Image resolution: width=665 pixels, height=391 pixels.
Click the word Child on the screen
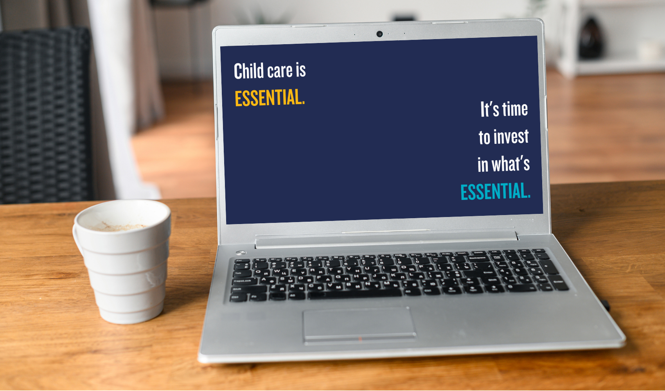coord(249,71)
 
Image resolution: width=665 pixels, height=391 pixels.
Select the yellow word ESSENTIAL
coord(270,97)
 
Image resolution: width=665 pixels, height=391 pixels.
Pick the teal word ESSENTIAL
coord(495,191)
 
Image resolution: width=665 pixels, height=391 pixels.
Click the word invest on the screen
coord(512,137)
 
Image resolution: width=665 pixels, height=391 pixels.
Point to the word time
coord(515,109)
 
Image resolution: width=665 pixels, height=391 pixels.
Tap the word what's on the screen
coord(510,164)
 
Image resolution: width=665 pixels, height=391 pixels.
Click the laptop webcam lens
coord(379,34)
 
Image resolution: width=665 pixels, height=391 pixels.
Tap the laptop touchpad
coord(359,325)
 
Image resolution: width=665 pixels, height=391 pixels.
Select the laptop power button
coord(241,253)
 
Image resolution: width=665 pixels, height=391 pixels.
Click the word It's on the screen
coord(489,109)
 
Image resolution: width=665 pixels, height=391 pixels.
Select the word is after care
coord(301,71)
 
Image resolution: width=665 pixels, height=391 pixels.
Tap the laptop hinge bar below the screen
coord(386,239)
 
